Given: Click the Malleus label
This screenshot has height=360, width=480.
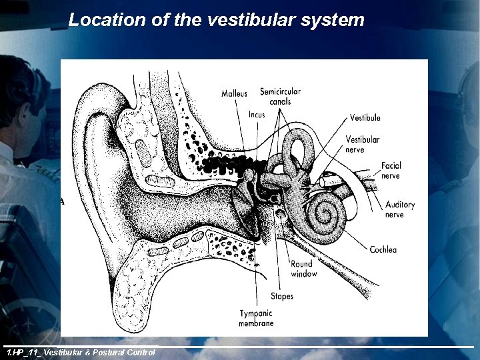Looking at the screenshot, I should pos(234,94).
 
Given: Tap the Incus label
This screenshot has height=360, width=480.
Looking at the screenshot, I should pos(257,115).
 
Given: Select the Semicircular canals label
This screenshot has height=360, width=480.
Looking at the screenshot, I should pos(280,97).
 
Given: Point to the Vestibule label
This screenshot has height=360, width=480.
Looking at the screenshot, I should pos(365,118).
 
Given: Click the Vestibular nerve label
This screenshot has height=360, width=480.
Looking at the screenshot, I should pos(363,144).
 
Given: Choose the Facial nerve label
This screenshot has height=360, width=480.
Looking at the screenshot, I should pos(391,171).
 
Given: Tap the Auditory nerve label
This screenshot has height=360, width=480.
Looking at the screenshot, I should pos(400,209).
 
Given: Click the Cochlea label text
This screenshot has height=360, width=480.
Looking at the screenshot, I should pos(383,250).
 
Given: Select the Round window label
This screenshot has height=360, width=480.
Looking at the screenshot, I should pos(304,269).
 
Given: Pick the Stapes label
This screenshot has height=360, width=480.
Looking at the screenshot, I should pos(282,296).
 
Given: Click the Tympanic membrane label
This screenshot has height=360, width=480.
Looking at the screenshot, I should pos(256,319).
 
